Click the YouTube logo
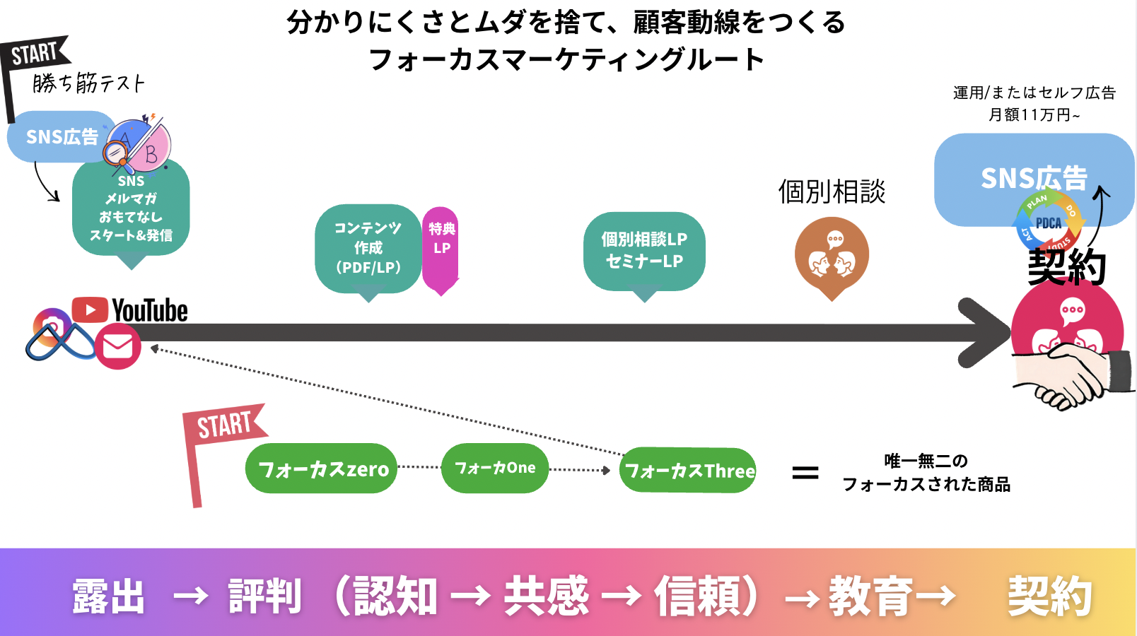point(130,310)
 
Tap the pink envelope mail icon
point(117,346)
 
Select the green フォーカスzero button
point(322,469)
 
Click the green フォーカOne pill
point(495,468)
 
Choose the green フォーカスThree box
point(689,471)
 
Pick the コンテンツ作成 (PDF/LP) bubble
point(368,248)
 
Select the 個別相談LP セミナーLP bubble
point(644,251)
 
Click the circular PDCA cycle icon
point(1049,223)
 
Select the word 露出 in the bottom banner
point(109,596)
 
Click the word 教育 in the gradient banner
point(870,596)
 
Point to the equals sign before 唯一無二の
point(805,472)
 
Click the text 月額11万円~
point(1034,114)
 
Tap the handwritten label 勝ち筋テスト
point(89,83)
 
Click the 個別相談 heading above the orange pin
point(832,192)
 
